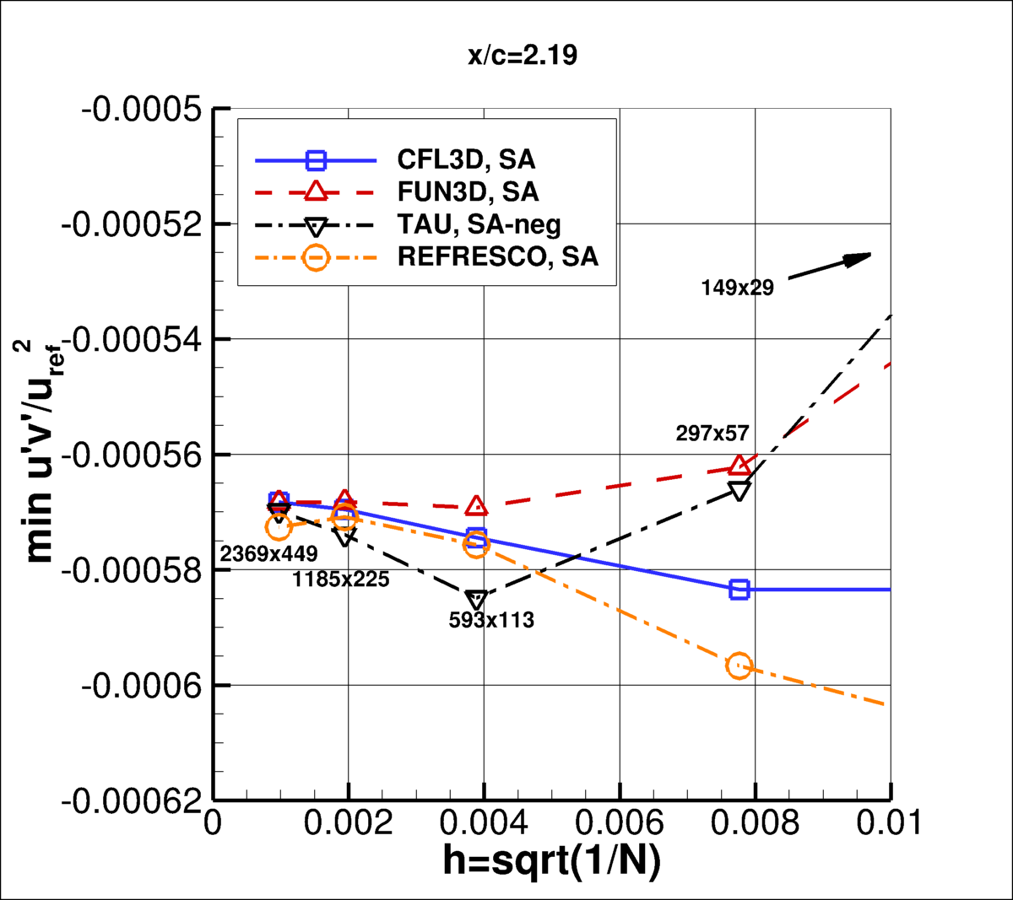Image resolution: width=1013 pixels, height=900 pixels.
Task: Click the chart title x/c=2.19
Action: pos(523,56)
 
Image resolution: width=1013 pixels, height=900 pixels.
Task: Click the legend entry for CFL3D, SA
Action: pos(466,159)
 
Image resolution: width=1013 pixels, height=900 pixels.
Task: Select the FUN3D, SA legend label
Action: pos(468,191)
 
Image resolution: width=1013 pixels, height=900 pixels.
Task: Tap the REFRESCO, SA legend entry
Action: pos(497,256)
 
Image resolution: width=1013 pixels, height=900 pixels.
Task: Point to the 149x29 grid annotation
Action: pos(737,288)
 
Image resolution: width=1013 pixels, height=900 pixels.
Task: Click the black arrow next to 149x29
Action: pos(829,266)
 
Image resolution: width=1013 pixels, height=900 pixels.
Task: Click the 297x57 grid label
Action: pos(712,434)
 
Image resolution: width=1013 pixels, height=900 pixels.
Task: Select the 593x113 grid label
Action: pos(491,620)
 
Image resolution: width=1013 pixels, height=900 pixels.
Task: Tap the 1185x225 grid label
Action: pos(341,579)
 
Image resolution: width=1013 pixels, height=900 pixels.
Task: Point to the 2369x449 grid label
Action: pos(268,554)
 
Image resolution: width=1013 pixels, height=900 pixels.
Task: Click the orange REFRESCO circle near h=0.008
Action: pos(739,666)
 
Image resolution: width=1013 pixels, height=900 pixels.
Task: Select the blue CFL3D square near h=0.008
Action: pos(739,590)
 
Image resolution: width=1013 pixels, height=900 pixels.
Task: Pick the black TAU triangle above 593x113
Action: pos(477,600)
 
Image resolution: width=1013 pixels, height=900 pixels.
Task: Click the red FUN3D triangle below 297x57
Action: pos(739,466)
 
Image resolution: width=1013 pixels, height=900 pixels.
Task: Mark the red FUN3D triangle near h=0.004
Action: pos(477,506)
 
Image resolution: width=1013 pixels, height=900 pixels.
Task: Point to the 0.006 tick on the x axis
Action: pos(620,822)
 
